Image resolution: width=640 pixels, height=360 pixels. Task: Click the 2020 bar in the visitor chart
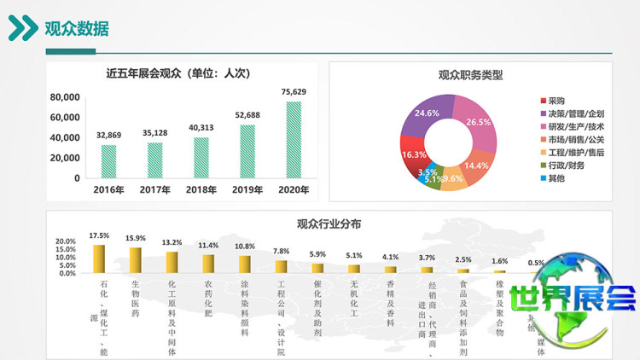pos(294,140)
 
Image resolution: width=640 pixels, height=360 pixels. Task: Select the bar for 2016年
pos(109,161)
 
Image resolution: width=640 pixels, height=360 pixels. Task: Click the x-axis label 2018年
pos(201,189)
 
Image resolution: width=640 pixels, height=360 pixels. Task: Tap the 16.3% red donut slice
pos(413,154)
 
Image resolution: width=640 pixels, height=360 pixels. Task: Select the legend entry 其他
pos(556,178)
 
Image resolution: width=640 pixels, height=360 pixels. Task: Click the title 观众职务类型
pos(470,75)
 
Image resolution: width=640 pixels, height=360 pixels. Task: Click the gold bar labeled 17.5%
pos(99,258)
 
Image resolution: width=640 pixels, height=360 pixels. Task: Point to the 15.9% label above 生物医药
pos(136,238)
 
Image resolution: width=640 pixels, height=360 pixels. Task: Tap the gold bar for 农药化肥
pos(208,263)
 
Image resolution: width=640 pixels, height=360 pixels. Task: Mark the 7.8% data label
pos(281,251)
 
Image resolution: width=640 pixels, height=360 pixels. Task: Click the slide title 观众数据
pos(77,29)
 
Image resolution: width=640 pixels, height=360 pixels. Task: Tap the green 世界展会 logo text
pos(573,298)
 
